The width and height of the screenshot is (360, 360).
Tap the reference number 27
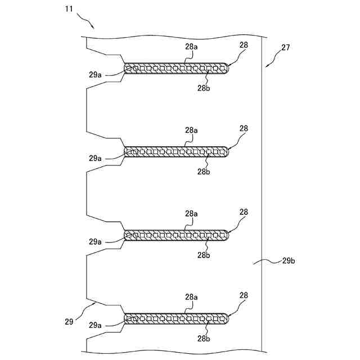click(285, 47)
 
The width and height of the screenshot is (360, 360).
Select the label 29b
click(289, 261)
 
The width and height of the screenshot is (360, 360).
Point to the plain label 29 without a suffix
click(69, 322)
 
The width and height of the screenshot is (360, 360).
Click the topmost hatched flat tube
click(176, 69)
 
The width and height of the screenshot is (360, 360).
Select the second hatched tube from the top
click(176, 151)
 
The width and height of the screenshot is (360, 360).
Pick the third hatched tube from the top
click(176, 235)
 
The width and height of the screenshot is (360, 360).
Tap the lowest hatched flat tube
click(176, 318)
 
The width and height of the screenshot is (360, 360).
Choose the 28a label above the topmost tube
click(192, 47)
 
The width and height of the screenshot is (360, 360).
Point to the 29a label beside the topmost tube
click(95, 75)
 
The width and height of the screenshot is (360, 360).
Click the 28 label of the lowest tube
click(244, 295)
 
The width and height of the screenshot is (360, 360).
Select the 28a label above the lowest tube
click(192, 297)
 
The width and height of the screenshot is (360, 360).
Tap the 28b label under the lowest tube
click(204, 339)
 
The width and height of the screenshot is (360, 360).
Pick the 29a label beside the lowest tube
click(95, 325)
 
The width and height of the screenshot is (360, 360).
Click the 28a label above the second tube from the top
click(192, 130)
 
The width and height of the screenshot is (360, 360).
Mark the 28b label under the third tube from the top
click(204, 255)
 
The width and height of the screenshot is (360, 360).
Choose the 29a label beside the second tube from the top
click(95, 158)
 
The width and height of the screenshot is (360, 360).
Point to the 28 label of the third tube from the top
click(244, 212)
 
